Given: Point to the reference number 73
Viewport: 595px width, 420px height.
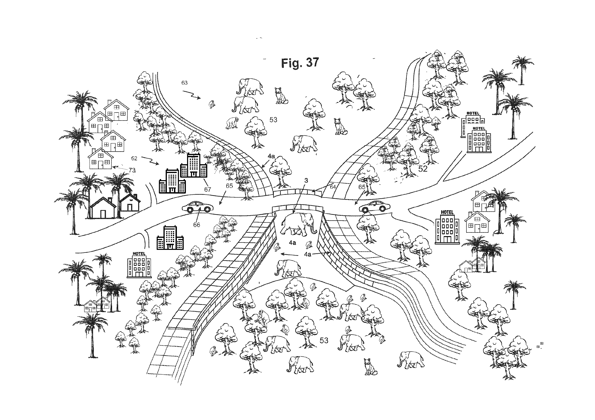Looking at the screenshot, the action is [132, 170].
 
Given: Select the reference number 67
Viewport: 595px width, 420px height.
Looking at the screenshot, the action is [208, 189].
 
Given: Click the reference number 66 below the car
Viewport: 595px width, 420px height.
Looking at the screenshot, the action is [197, 225].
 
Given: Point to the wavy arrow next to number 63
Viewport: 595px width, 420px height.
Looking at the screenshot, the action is [192, 95].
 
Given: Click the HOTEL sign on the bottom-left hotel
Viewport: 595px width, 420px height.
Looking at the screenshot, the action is [139, 254].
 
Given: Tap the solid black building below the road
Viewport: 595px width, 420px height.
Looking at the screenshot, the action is [170, 237].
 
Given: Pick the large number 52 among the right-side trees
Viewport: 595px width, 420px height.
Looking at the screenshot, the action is [423, 169].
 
